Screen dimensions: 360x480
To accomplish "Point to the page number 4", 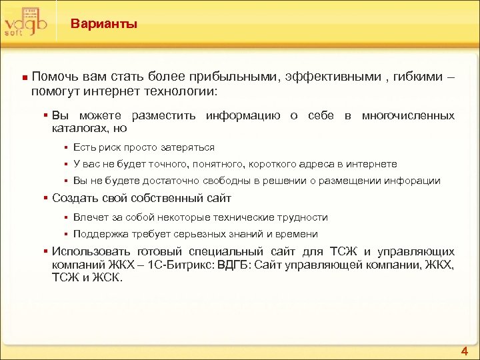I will click(x=464, y=351).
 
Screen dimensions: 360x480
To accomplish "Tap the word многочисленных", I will click(x=408, y=115).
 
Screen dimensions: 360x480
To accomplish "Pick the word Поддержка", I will click(x=99, y=233).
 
